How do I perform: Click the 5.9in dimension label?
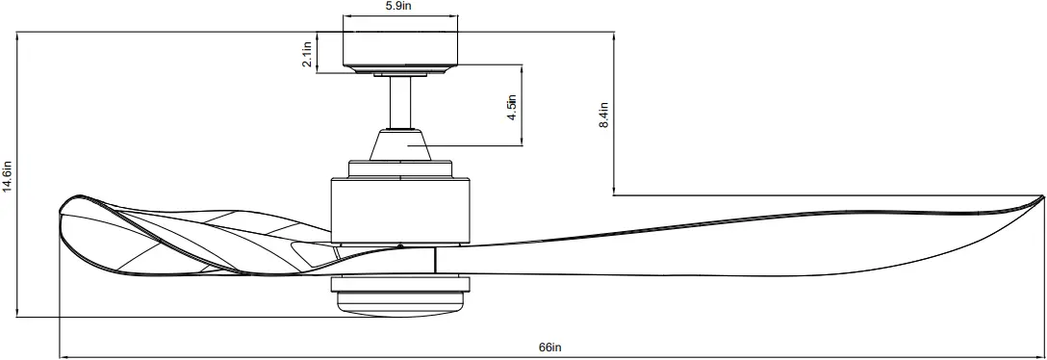(399, 7)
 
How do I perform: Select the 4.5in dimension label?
(512, 108)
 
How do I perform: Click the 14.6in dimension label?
(8, 178)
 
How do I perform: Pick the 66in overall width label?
(549, 347)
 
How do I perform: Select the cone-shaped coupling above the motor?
(399, 144)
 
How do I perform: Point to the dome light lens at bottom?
(399, 306)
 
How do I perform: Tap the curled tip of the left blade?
(65, 208)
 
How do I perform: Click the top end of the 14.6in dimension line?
(17, 34)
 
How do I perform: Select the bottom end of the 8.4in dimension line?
(613, 195)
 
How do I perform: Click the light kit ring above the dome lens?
(399, 285)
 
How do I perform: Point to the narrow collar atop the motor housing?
(399, 169)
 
